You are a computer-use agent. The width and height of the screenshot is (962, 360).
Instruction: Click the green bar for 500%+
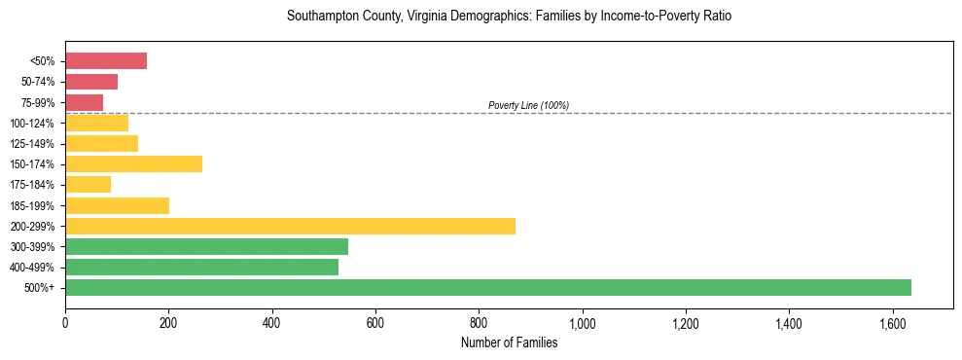(x=487, y=287)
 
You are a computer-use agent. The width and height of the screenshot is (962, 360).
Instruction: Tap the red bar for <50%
(x=106, y=61)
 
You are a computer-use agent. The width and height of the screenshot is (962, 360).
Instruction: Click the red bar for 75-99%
(x=84, y=102)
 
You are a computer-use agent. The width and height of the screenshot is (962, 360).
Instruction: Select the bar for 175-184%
(x=88, y=184)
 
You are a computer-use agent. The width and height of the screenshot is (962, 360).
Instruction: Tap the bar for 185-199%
(x=117, y=205)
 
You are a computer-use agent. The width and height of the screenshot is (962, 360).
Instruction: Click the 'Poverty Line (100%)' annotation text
(x=528, y=105)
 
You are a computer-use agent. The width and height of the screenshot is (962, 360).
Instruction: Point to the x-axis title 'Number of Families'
(x=509, y=342)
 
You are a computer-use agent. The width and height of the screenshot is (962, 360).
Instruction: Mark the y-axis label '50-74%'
(x=40, y=82)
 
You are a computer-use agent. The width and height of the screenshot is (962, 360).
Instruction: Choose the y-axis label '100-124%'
(x=37, y=123)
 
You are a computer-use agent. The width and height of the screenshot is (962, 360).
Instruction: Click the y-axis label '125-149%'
(x=37, y=143)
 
